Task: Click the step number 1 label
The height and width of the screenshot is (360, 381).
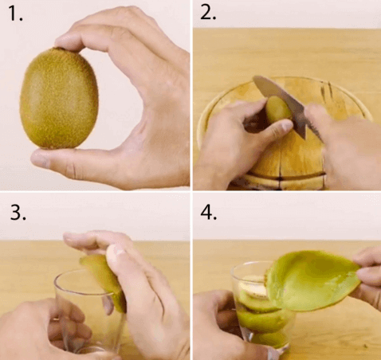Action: pos(15,16)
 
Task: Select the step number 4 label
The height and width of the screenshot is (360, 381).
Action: pos(210,211)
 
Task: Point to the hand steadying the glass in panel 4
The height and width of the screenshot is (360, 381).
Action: pos(219,327)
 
